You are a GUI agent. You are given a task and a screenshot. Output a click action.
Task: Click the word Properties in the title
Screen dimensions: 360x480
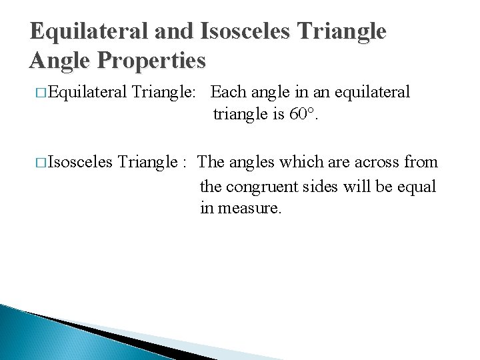[x=153, y=61]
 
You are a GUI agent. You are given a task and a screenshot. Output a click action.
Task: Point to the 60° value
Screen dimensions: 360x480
[x=303, y=115]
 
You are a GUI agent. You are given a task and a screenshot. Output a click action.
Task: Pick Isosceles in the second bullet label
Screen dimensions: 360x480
[x=81, y=162]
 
